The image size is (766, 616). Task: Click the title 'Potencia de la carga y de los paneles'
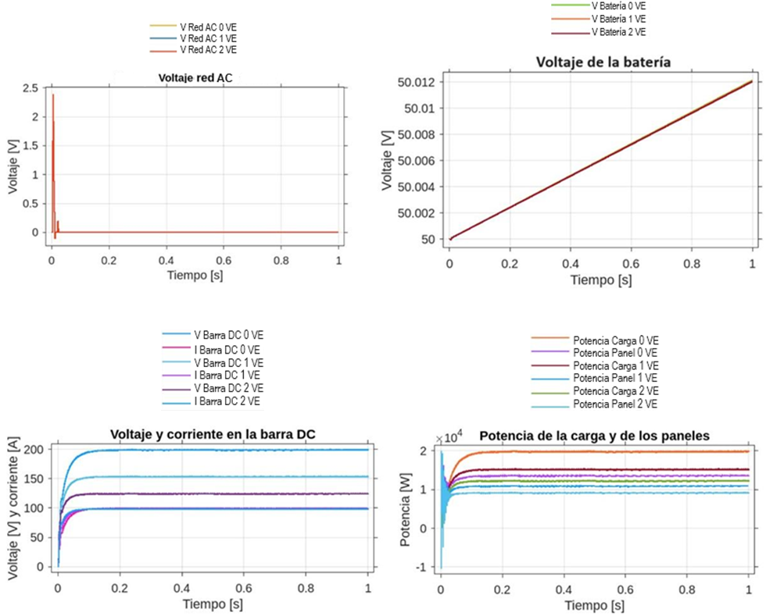tap(595, 436)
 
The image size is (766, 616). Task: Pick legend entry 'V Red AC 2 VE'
tap(208, 49)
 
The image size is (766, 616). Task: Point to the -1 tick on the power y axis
tap(421, 567)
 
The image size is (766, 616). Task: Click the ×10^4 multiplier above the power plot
tap(451, 437)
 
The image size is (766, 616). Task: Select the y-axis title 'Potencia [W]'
tap(405, 508)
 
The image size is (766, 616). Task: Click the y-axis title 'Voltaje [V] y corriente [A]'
tap(13, 508)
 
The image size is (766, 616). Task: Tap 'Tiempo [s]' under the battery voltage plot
tap(600, 280)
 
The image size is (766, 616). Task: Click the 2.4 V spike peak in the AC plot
tap(52, 95)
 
